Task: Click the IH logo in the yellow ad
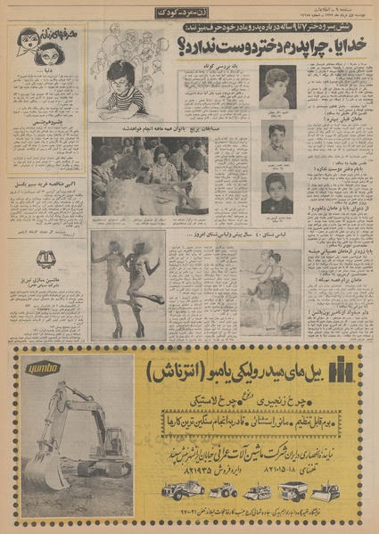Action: tap(343, 366)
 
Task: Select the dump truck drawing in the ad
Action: tap(293, 489)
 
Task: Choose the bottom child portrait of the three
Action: tap(278, 191)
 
